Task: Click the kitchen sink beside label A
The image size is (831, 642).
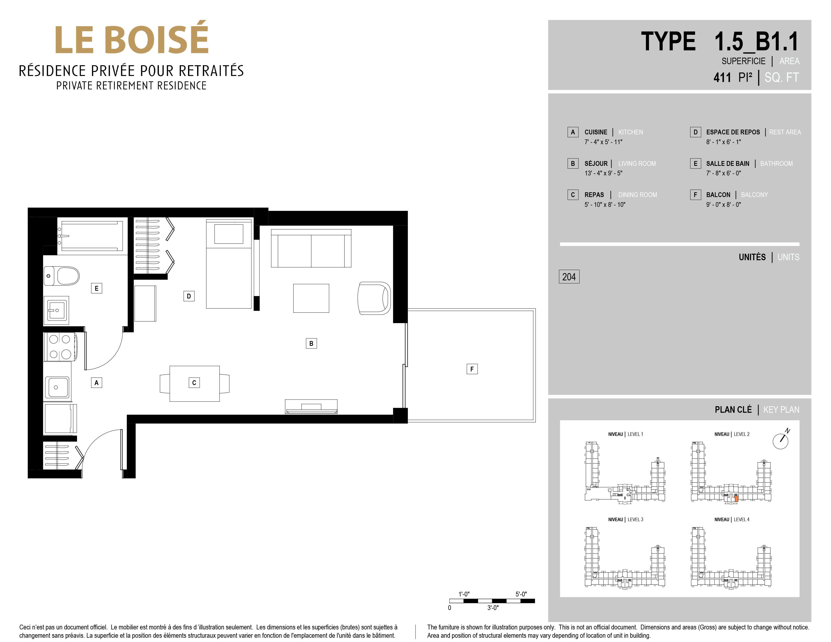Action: pyautogui.click(x=57, y=387)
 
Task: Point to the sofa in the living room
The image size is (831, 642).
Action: pyautogui.click(x=311, y=248)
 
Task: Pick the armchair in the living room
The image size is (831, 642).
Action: pyautogui.click(x=374, y=298)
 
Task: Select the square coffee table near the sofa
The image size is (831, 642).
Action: pyautogui.click(x=311, y=298)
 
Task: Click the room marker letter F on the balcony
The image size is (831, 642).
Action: pyautogui.click(x=472, y=369)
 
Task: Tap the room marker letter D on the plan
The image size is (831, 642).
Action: pyautogui.click(x=189, y=296)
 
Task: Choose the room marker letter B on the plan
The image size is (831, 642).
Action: pyautogui.click(x=311, y=344)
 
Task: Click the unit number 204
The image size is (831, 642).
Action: pyautogui.click(x=569, y=277)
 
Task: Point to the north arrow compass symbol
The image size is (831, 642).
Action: pyautogui.click(x=781, y=440)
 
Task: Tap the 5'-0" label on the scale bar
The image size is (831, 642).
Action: pyautogui.click(x=521, y=594)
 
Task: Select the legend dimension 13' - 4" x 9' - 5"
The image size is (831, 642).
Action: pyautogui.click(x=603, y=173)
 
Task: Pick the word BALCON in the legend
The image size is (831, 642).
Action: pyautogui.click(x=718, y=195)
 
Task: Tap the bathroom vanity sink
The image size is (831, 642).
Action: pyautogui.click(x=56, y=310)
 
